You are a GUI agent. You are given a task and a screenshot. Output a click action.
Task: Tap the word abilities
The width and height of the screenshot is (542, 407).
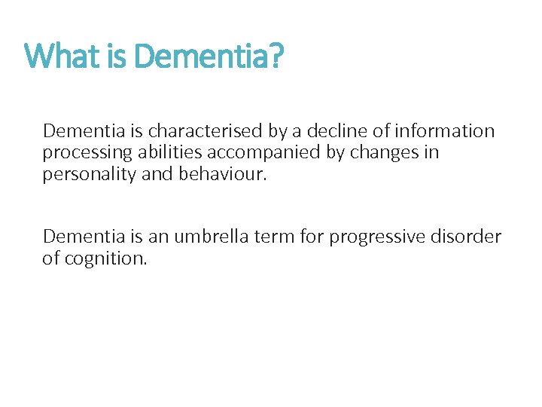pyautogui.click(x=168, y=152)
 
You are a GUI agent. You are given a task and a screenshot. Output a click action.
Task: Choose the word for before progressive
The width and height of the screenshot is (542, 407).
pyautogui.click(x=309, y=237)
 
